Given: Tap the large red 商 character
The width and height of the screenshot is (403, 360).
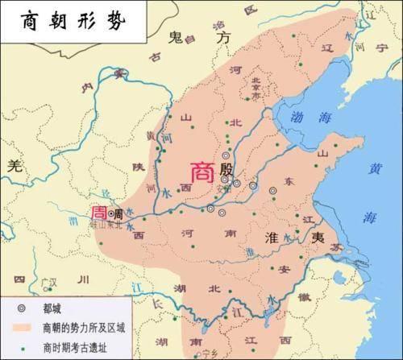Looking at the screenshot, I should pos(202,172).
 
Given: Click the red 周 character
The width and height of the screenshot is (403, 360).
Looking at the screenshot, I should pos(98,213).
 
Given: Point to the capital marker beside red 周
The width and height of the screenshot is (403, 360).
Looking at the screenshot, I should pos(110,214).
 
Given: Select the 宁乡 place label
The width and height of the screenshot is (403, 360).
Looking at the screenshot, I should pos(211,353).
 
